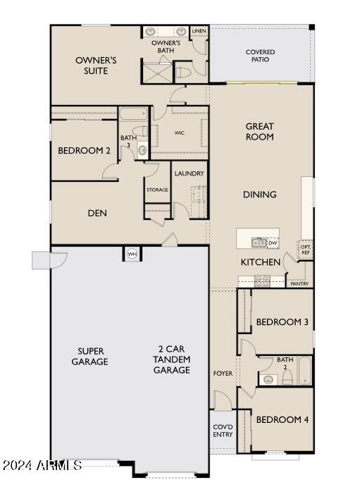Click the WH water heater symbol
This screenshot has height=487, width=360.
(132, 254)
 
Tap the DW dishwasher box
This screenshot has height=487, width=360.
(273, 242)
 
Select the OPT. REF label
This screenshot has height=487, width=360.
(305, 249)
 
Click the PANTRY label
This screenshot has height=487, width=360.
(299, 283)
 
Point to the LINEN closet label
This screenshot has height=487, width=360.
(199, 31)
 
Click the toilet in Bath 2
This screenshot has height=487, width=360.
(287, 377)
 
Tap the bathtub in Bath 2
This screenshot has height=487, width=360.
(305, 371)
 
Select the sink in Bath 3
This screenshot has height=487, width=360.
(142, 151)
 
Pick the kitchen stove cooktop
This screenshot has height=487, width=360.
(262, 281)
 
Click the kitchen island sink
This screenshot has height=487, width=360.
(259, 242)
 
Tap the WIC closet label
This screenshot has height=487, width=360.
(180, 133)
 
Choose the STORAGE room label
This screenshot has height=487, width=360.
(157, 190)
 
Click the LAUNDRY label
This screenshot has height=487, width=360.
(189, 173)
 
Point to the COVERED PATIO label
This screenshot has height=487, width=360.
(260, 56)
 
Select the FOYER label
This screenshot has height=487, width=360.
(223, 374)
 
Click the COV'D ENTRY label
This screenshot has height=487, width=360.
(223, 431)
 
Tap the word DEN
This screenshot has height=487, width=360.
(97, 213)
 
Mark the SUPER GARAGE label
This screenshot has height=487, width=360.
(90, 356)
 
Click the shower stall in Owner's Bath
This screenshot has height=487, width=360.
(156, 73)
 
